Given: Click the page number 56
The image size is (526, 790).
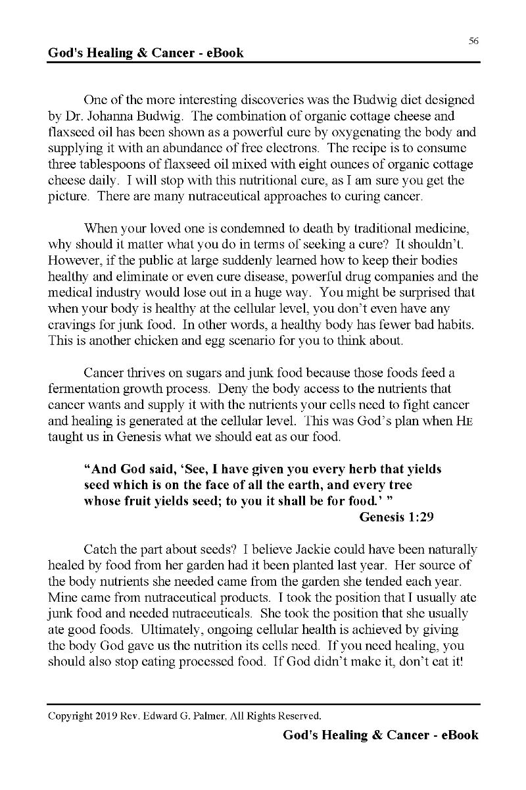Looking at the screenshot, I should coord(473,41).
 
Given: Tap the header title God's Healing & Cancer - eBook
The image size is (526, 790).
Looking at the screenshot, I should coord(146,53).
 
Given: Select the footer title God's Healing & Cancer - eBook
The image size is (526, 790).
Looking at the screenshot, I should coord(381,735).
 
